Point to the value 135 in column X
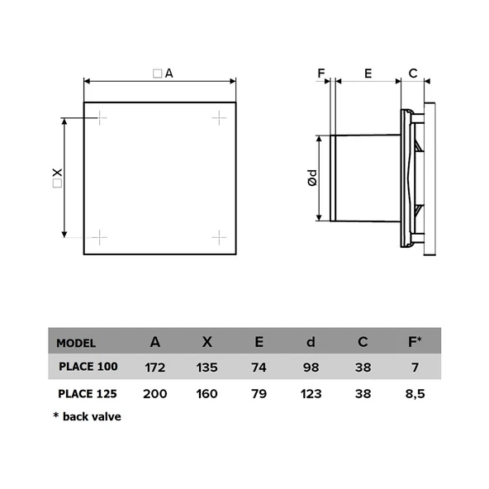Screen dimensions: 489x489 207,366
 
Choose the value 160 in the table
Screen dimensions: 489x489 207,393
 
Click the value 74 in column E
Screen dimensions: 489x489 260,366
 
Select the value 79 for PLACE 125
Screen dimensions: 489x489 260,393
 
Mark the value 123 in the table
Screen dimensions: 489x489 311,393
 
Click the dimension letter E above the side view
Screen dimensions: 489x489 368,73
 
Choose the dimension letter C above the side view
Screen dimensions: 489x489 412,73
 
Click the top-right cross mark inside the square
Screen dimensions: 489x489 219,118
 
